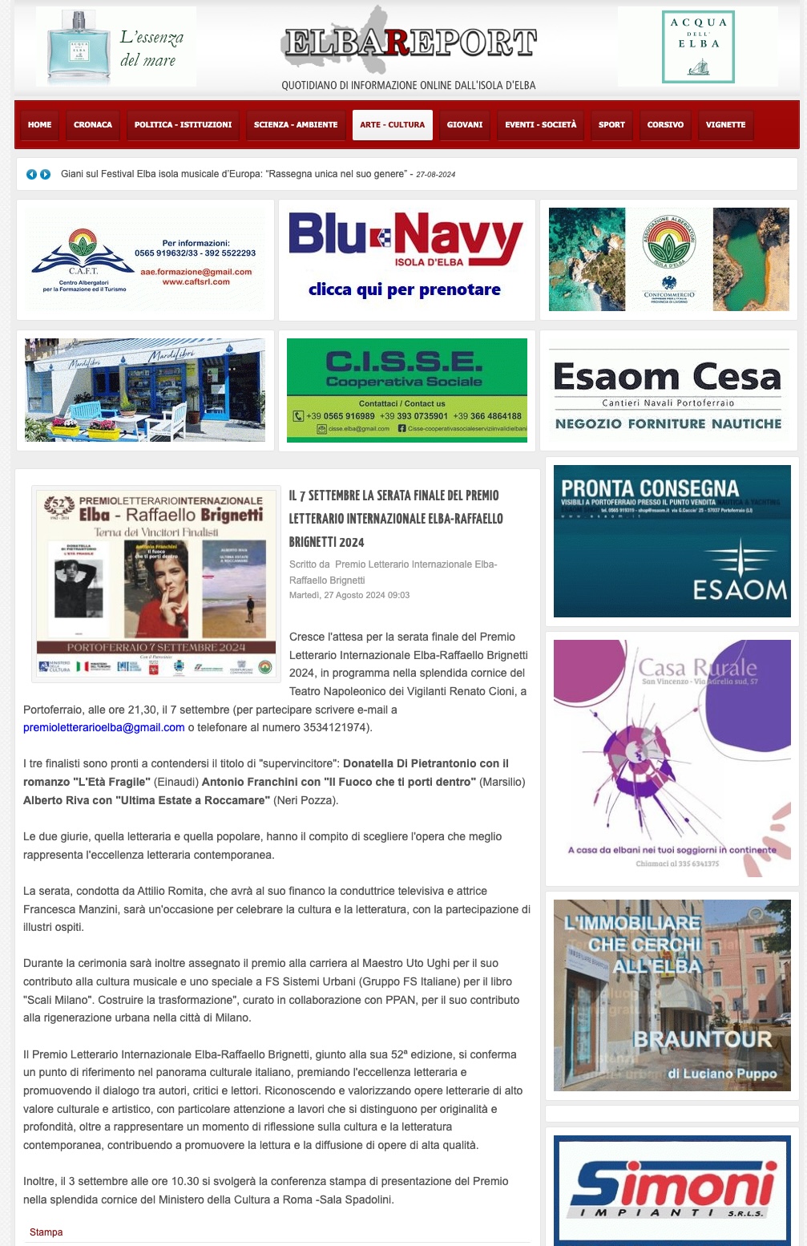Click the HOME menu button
(x=39, y=125)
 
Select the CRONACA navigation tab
(x=93, y=125)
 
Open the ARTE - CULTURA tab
(x=393, y=125)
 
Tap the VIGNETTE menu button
(x=725, y=125)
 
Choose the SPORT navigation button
(x=611, y=125)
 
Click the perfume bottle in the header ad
(x=79, y=47)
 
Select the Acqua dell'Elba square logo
(x=698, y=47)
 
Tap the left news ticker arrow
(x=31, y=174)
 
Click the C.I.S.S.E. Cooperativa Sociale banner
(x=406, y=390)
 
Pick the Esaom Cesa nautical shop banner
(x=668, y=390)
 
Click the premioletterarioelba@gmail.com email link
(x=104, y=727)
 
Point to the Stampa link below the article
(x=46, y=1232)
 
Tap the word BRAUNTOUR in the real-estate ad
(x=702, y=1039)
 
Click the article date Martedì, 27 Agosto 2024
(x=349, y=595)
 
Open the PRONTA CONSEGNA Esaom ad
(x=672, y=540)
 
